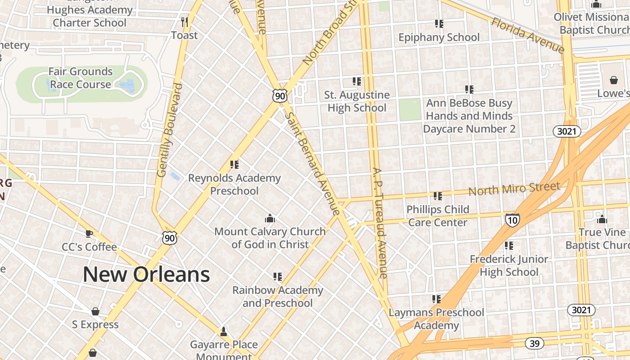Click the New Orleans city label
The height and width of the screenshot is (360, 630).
[146, 274]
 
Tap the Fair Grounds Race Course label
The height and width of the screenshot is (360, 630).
[81, 78]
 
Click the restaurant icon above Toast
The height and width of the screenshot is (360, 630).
[184, 22]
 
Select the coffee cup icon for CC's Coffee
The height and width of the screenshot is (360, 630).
[89, 234]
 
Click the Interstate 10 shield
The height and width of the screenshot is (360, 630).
[512, 220]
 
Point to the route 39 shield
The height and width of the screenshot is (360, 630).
[534, 344]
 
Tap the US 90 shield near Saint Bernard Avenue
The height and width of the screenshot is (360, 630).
[279, 95]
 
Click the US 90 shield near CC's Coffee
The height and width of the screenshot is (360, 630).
[170, 238]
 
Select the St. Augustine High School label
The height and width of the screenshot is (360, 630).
[357, 101]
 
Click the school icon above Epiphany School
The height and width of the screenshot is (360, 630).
[439, 23]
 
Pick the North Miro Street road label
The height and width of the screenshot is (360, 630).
[514, 189]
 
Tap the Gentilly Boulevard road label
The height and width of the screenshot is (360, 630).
[170, 130]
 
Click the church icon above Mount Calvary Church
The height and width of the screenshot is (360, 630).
[270, 218]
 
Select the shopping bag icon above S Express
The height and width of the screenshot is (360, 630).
[95, 311]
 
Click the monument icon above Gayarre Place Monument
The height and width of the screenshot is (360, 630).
[223, 332]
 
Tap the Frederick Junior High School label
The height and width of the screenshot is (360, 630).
[509, 265]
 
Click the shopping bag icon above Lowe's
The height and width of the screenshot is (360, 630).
[614, 80]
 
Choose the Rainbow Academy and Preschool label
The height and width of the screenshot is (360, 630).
[278, 296]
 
